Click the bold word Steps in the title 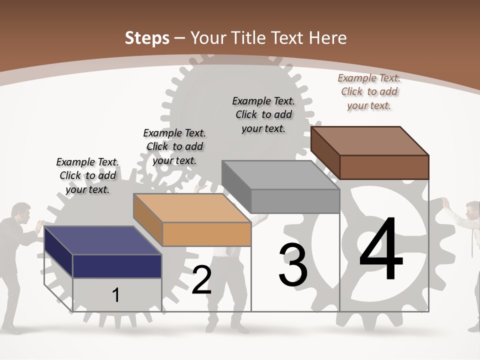tap(147, 38)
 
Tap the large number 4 tap(381, 249)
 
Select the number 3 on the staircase tap(293, 265)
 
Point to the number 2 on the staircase tap(201, 280)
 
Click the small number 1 tap(116, 295)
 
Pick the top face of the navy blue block tap(102, 240)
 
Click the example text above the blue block tap(87, 175)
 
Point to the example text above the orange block tap(174, 146)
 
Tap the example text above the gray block tap(263, 114)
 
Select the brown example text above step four tap(369, 91)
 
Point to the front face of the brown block tap(384, 167)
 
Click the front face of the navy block tap(117, 266)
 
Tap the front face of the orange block tap(206, 234)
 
